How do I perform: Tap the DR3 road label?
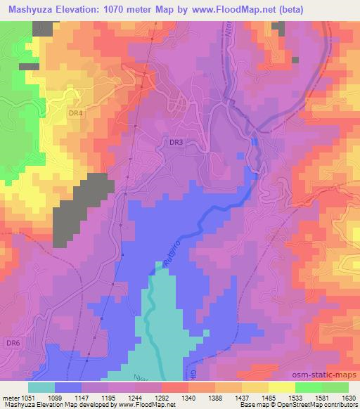point(176,142)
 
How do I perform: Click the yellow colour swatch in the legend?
point(282,387)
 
